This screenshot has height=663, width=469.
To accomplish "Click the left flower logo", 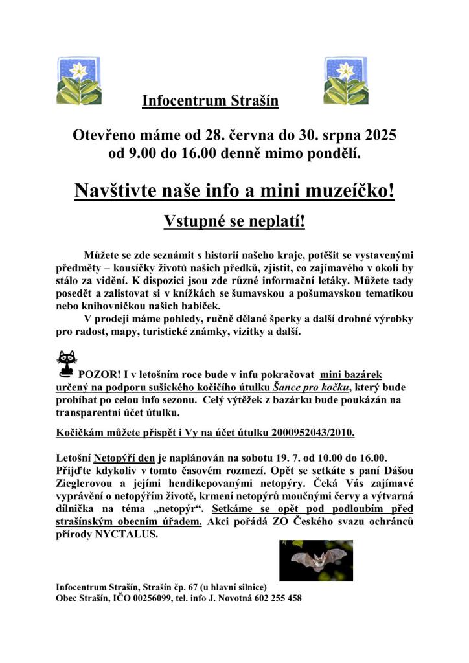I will (79, 81).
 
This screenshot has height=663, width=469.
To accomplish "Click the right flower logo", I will (346, 81).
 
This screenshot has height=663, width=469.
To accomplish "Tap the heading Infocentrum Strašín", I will (210, 101).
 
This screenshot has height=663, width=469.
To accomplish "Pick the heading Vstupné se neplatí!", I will (234, 221).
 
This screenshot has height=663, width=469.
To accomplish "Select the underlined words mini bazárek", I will (351, 374).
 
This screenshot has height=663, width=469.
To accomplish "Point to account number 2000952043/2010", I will (299, 432).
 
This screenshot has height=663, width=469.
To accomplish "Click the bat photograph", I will (315, 561).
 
